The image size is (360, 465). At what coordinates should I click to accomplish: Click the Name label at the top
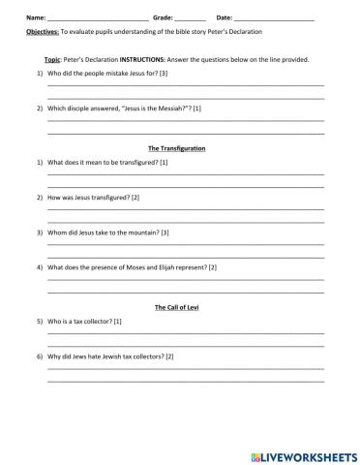(35, 17)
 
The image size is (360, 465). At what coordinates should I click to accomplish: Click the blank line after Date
(275, 18)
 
